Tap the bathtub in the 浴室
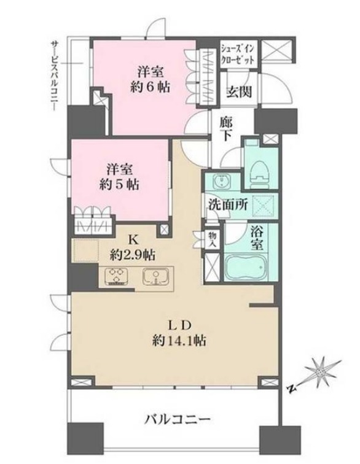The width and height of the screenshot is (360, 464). click(x=246, y=267)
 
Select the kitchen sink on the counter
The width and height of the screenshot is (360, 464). click(x=155, y=277)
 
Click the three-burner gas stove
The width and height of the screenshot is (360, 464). click(x=115, y=277)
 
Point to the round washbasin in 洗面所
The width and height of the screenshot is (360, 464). click(x=221, y=181)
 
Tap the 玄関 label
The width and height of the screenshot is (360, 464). click(x=239, y=92)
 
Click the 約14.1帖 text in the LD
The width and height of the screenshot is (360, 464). click(x=179, y=341)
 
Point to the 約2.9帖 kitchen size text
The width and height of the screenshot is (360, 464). click(x=133, y=255)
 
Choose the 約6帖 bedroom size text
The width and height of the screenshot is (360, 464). click(x=151, y=87)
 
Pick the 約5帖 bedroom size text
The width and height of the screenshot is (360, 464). click(x=119, y=185)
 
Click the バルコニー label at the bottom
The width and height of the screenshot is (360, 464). click(x=178, y=419)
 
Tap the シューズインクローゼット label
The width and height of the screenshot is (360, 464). click(x=238, y=54)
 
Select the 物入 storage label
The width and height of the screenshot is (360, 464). click(x=213, y=239)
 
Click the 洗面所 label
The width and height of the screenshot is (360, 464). click(x=227, y=205)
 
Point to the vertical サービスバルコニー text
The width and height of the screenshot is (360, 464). click(x=54, y=76)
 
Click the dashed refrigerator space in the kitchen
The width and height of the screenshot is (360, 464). click(x=86, y=250)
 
